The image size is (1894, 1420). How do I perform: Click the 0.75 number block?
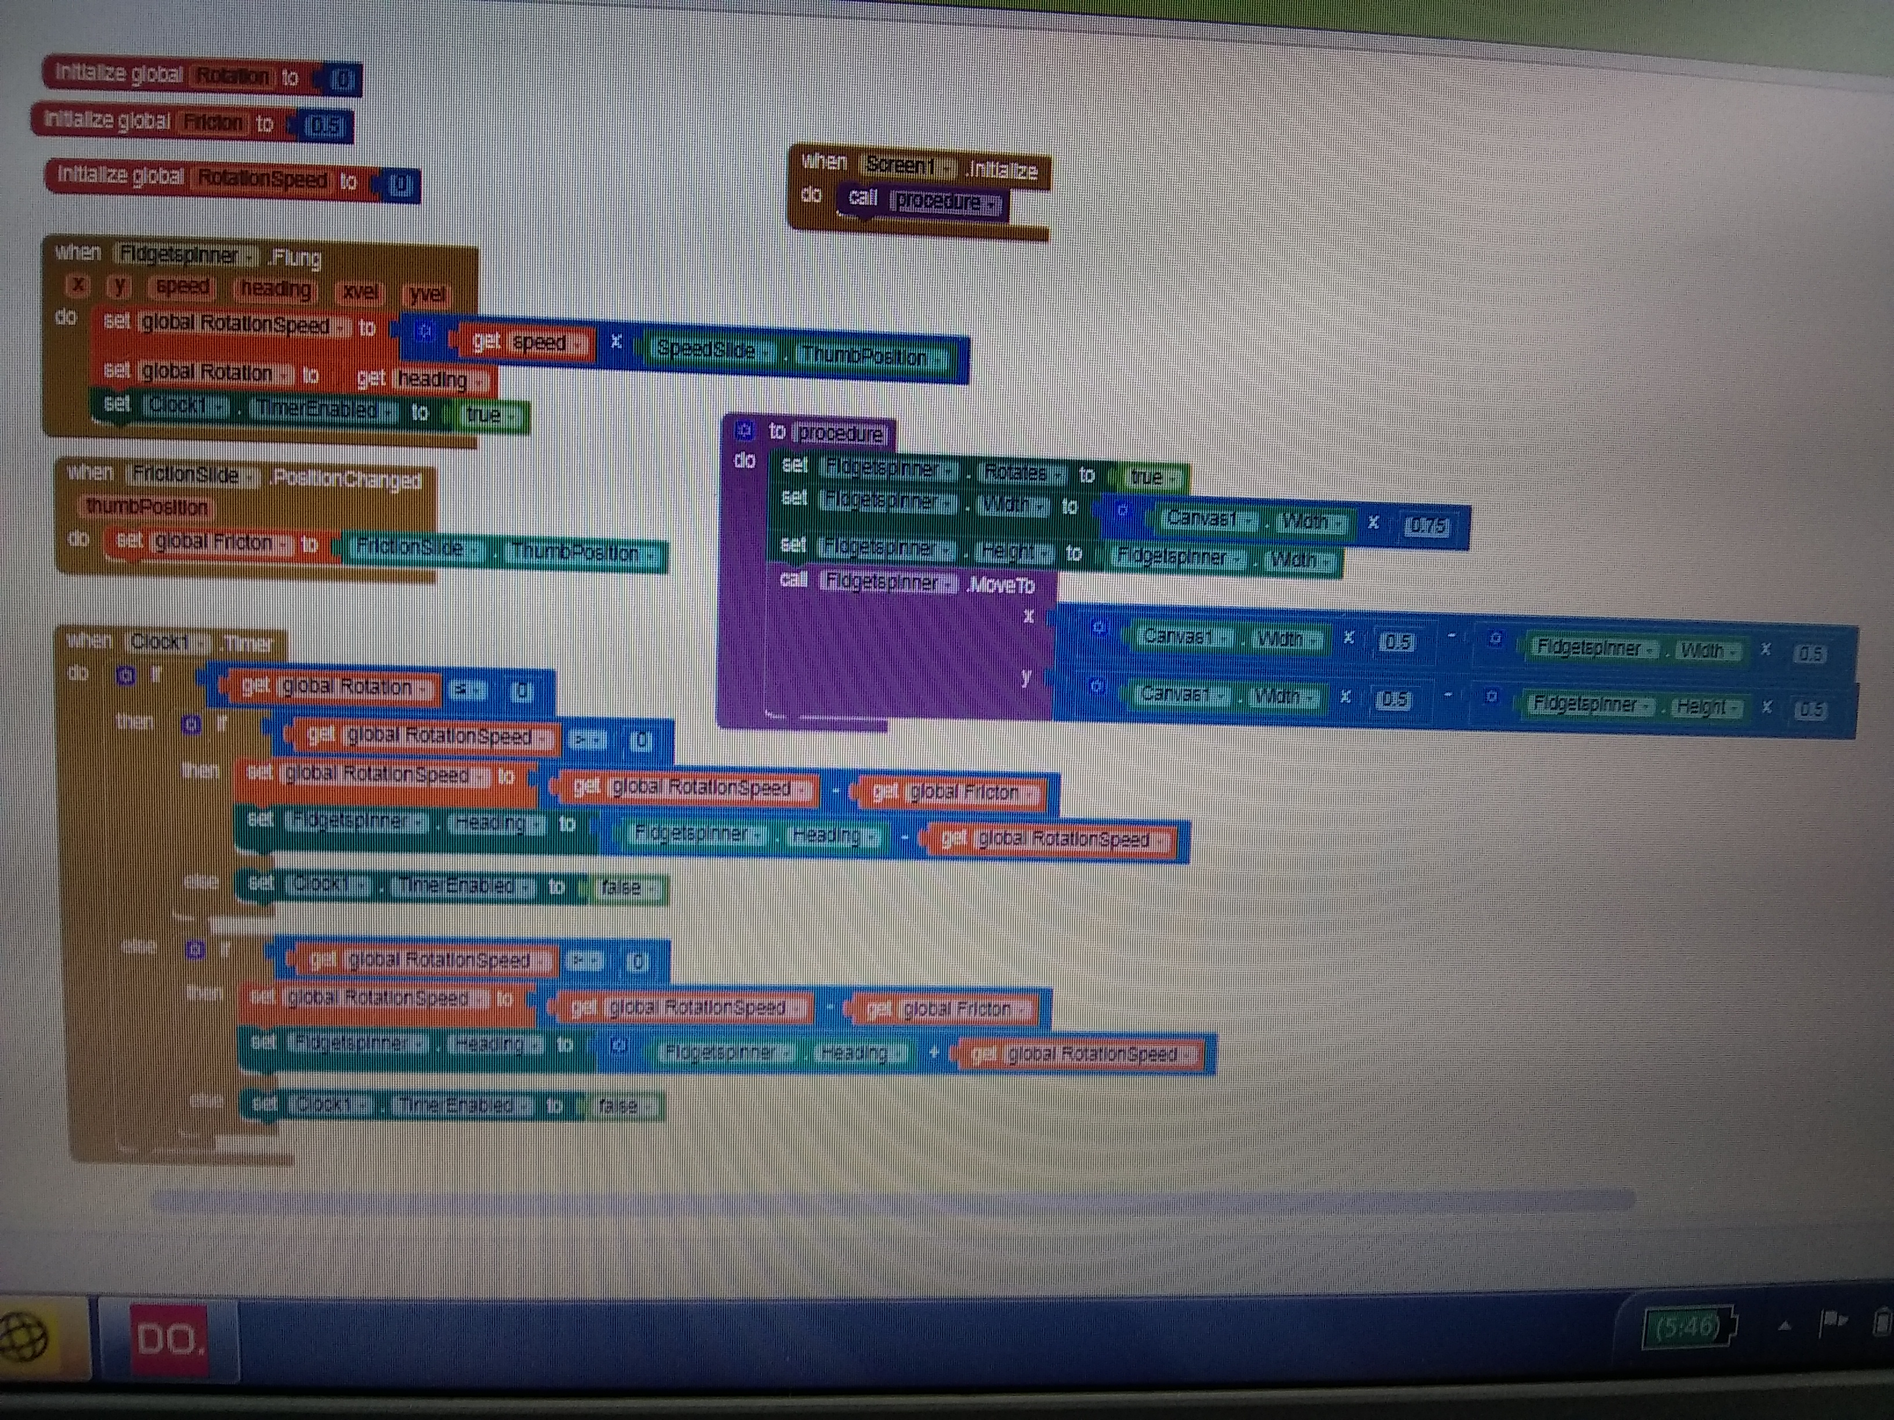pos(1426,526)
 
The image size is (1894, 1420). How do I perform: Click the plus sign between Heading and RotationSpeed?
pos(934,1051)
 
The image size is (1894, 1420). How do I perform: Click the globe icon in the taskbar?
pos(24,1337)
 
